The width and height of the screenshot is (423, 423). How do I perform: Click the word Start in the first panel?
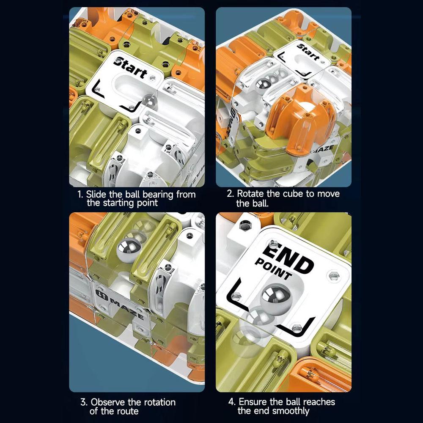click(x=132, y=68)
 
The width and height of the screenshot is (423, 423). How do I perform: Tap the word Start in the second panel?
click(x=308, y=52)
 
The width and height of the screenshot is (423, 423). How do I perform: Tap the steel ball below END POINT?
click(x=273, y=297)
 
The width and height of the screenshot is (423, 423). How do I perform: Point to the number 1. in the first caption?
click(x=80, y=195)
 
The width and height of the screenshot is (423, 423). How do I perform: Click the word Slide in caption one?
click(x=96, y=195)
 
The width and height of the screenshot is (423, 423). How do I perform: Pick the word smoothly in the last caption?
click(x=291, y=411)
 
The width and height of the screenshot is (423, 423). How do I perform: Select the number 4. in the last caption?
click(x=232, y=402)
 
